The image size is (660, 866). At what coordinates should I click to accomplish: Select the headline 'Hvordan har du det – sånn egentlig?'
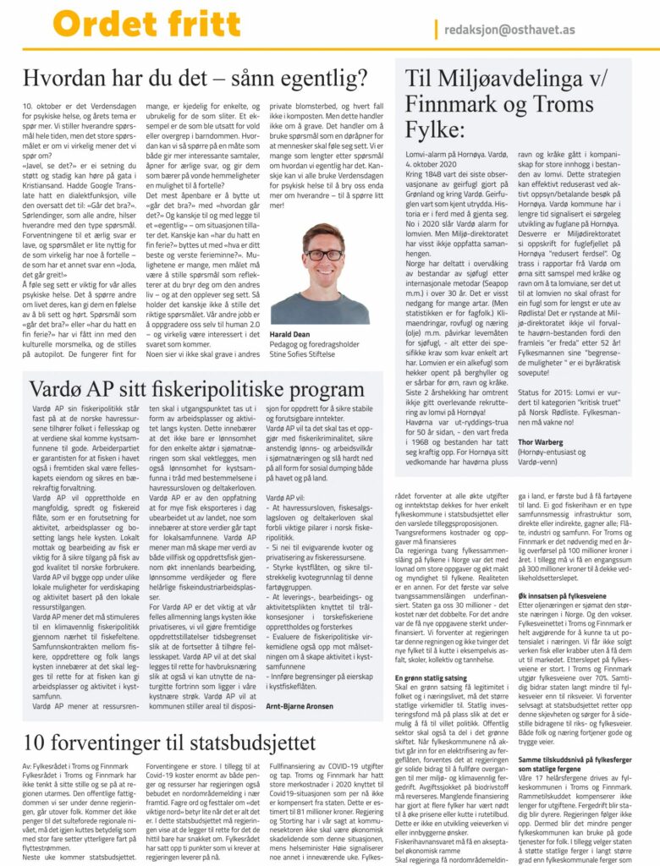[x=195, y=80]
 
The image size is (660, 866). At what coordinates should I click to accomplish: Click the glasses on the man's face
[x=324, y=254]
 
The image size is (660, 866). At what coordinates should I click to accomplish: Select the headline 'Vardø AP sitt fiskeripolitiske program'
[x=185, y=390]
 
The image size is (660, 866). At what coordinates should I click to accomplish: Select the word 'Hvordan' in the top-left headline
[x=64, y=80]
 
